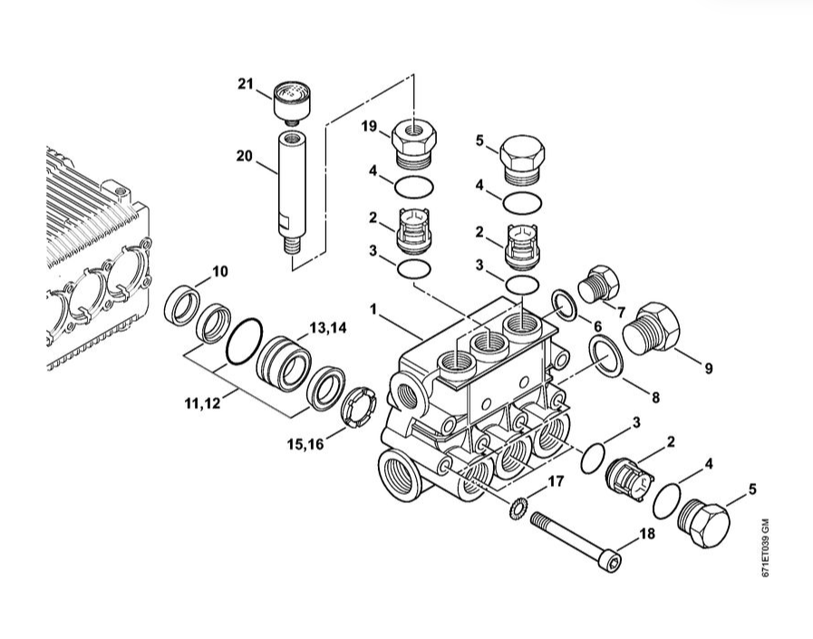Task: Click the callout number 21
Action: point(246,83)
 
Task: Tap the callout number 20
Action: point(244,156)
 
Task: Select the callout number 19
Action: point(369,126)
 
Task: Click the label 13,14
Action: point(328,328)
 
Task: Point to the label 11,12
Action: point(203,402)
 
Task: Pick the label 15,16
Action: point(305,444)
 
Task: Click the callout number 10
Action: point(220,271)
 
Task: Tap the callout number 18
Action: point(647,533)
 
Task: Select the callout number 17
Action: point(556,482)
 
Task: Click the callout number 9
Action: point(708,368)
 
